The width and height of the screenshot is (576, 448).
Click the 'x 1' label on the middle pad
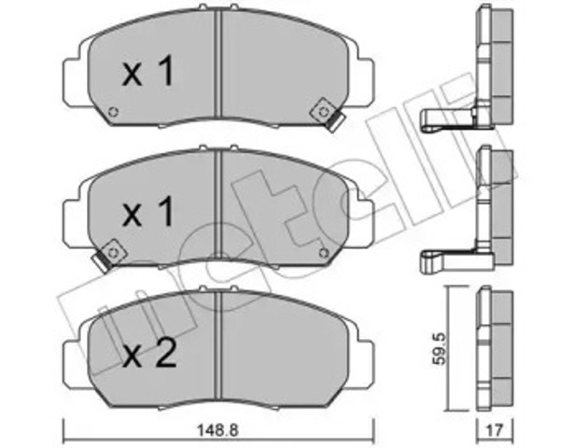pos(148,214)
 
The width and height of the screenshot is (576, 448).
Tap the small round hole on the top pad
pos(112,115)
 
